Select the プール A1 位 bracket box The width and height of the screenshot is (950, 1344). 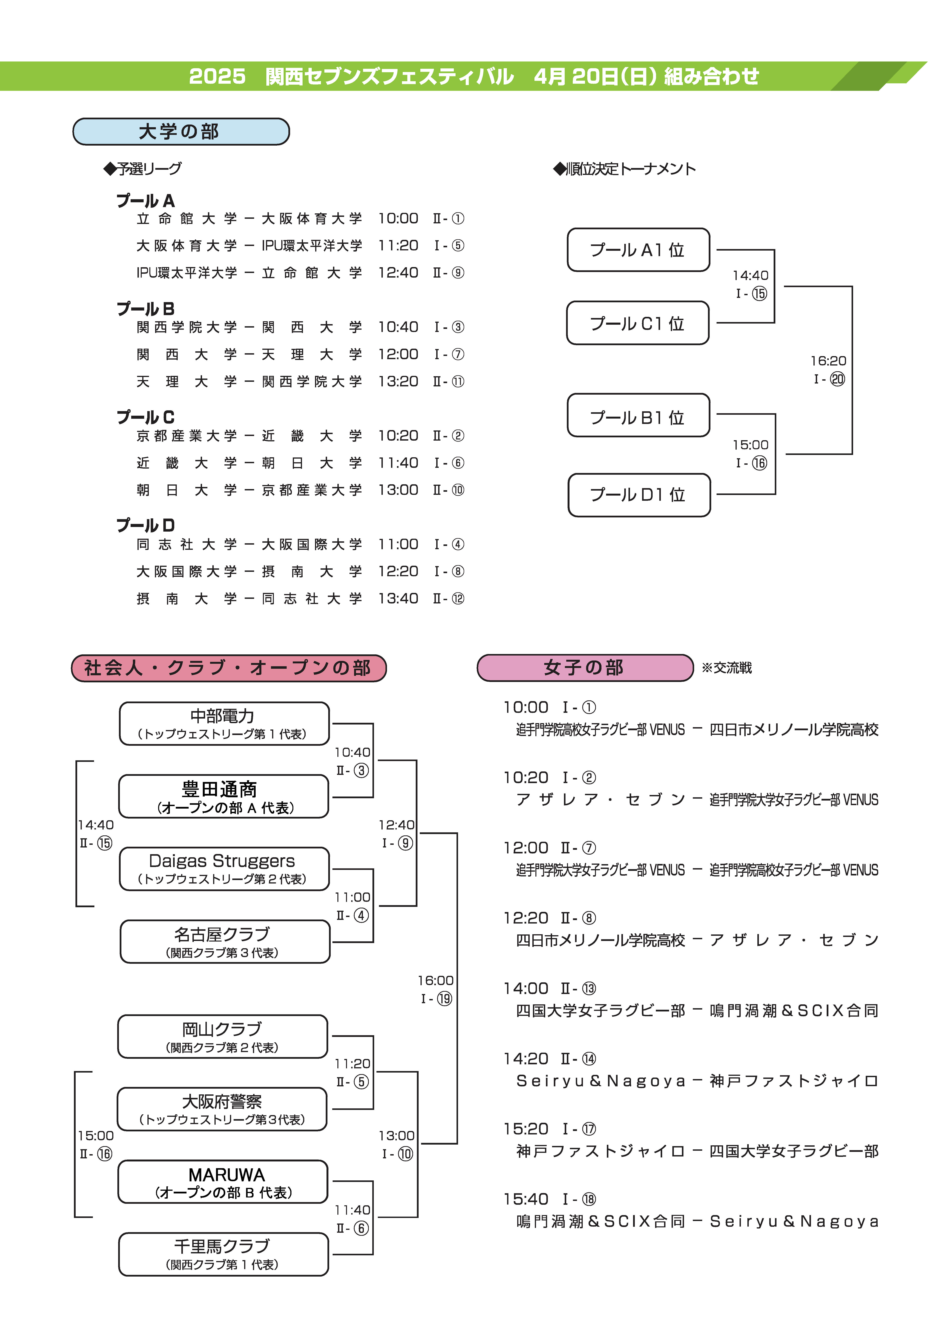pyautogui.click(x=638, y=250)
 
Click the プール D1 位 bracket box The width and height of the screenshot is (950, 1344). pyautogui.click(x=639, y=495)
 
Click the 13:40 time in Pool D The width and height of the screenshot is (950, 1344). pyautogui.click(x=398, y=598)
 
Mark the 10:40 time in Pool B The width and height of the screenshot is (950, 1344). pyautogui.click(x=398, y=327)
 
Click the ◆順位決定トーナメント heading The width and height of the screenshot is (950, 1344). pyautogui.click(x=624, y=169)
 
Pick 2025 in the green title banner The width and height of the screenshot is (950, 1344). pyautogui.click(x=217, y=76)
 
